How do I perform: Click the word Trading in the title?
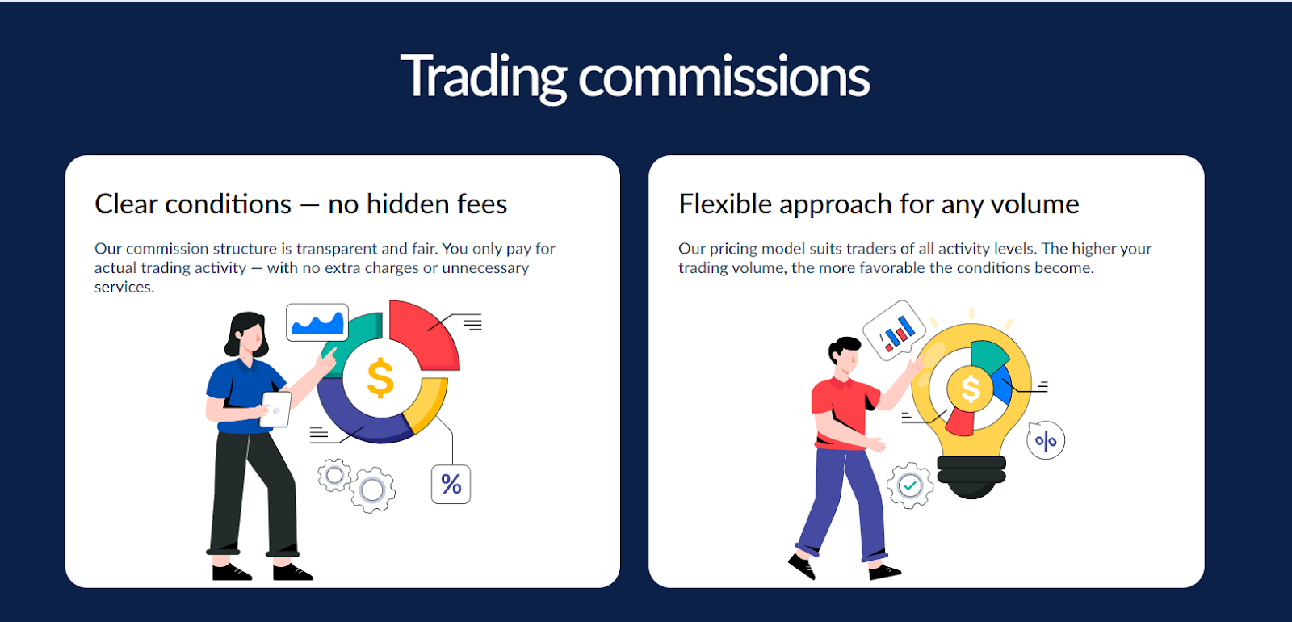click(x=484, y=78)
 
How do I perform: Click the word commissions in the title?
click(x=724, y=78)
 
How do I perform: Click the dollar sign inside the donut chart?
click(x=380, y=378)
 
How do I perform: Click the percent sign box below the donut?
click(x=451, y=484)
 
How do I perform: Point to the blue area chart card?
click(x=317, y=322)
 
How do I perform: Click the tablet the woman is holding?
click(x=275, y=409)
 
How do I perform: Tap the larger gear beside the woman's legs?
click(x=372, y=490)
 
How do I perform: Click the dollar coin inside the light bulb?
click(x=971, y=389)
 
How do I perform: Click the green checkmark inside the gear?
click(x=910, y=485)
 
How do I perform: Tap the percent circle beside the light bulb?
click(x=1047, y=440)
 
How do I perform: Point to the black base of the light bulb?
click(x=972, y=476)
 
